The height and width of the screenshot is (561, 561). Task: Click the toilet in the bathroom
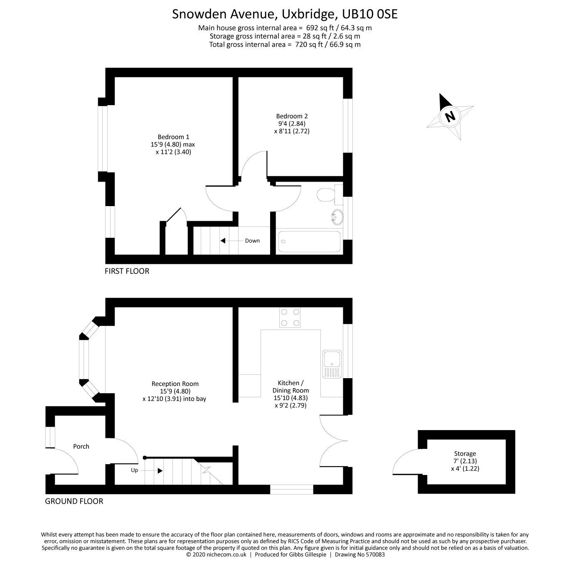tap(326, 194)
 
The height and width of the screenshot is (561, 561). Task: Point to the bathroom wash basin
tap(336, 217)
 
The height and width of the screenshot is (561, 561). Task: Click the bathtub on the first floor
tap(309, 241)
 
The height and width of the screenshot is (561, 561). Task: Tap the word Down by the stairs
tap(252, 241)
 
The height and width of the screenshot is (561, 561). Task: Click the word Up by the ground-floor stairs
tap(134, 470)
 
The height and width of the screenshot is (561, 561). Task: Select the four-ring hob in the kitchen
tap(290, 317)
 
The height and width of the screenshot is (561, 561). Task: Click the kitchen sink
tap(332, 364)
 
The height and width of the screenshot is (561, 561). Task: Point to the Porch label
tap(81, 446)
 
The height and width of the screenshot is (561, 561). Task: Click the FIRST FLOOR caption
tap(127, 271)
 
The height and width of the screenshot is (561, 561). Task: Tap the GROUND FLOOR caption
tap(74, 501)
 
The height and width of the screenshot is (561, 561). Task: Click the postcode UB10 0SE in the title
tap(369, 14)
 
